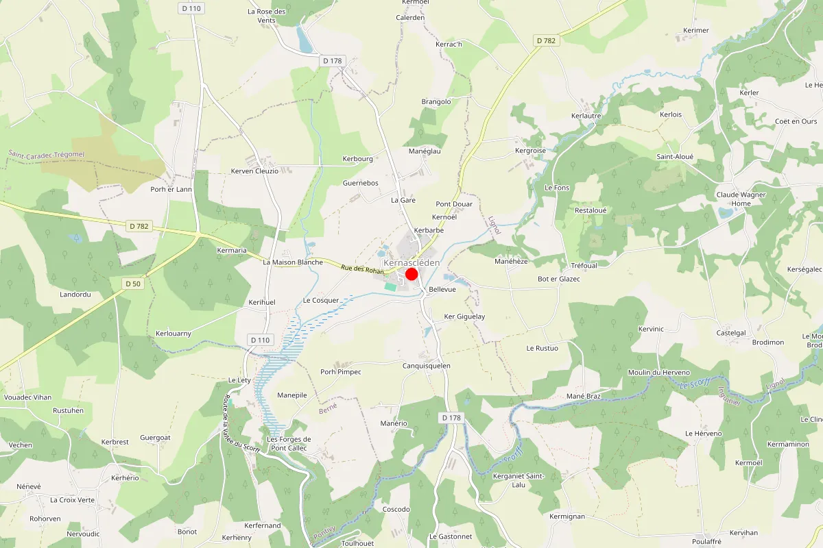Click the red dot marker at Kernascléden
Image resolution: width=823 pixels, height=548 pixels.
point(411,274)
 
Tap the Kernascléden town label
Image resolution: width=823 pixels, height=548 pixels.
point(411,262)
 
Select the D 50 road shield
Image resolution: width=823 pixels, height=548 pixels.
point(132,284)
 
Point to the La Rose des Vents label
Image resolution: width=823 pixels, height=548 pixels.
point(267,16)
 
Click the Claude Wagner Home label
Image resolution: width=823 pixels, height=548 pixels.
point(741,199)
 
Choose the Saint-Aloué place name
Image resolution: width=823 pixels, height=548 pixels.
point(675,157)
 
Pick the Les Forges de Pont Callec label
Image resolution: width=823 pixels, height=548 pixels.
point(289,443)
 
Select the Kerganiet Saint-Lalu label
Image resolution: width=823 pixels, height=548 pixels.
point(518,480)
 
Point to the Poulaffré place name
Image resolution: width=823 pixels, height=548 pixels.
point(706,541)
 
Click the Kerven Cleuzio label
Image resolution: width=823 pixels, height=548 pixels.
point(254,171)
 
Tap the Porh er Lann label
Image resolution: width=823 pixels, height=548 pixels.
point(171,189)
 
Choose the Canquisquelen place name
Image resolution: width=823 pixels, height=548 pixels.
point(426,366)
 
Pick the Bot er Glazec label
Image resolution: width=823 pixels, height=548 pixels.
point(558,279)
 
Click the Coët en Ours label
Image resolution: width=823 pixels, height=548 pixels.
point(796,121)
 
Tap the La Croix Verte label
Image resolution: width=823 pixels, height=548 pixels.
point(72,500)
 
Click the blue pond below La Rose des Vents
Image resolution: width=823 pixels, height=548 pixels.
point(304,41)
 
